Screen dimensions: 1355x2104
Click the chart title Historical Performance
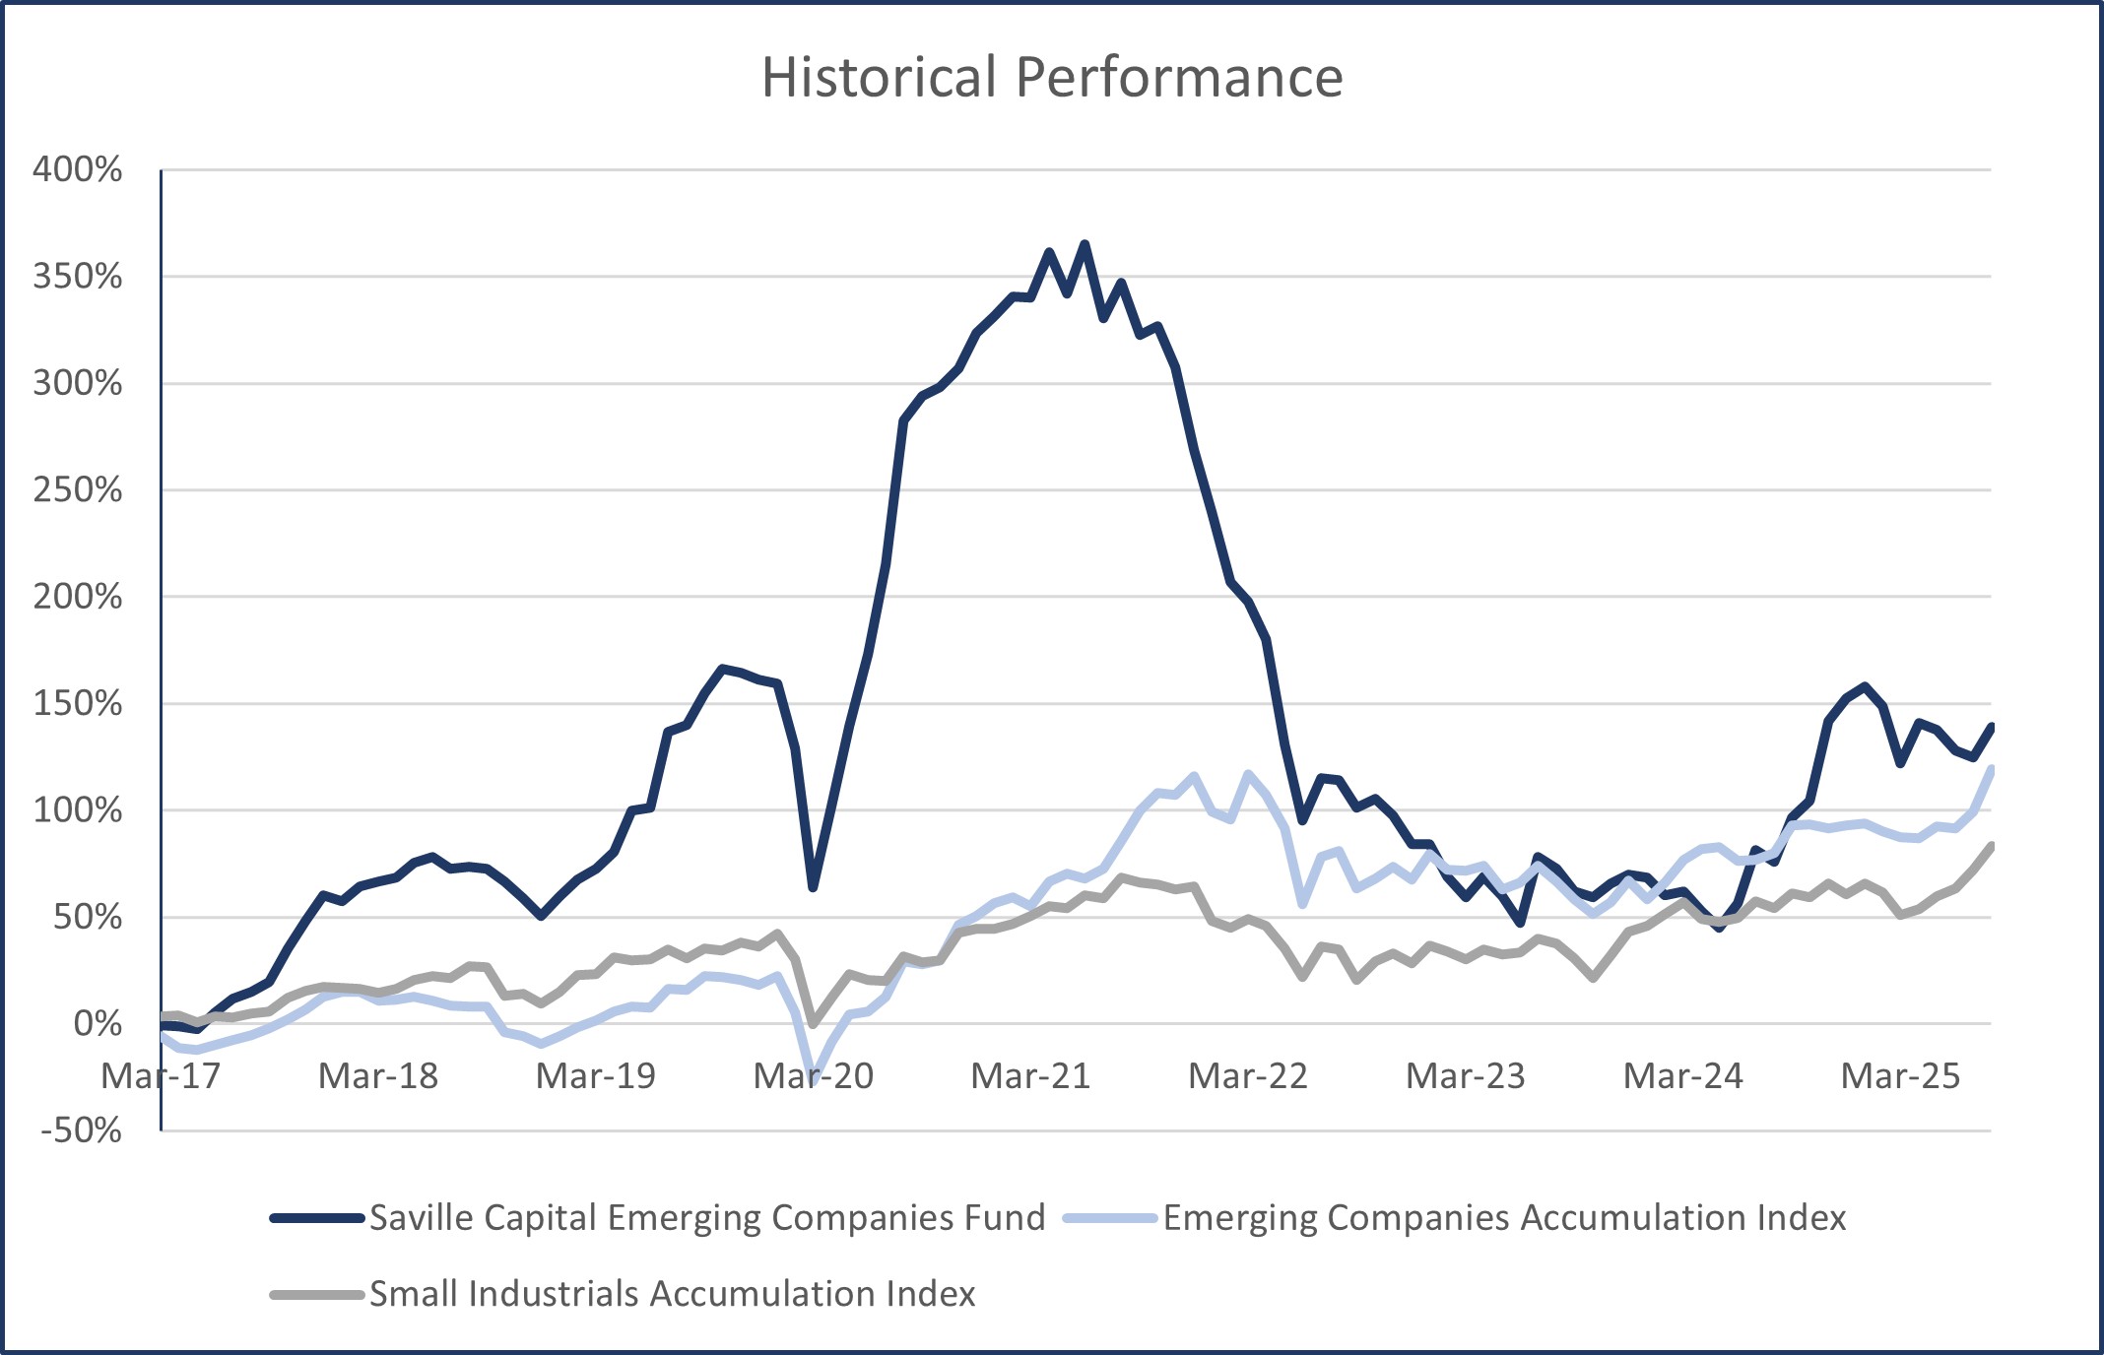(1052, 77)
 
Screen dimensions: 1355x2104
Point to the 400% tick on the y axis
(78, 169)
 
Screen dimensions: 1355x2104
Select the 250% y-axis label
(78, 489)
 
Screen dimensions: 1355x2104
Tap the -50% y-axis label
(81, 1129)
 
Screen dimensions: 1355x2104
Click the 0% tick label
(98, 1023)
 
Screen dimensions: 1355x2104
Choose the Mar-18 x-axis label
(378, 1075)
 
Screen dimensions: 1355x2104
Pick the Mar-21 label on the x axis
(1030, 1075)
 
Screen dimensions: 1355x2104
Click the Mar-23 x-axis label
(1466, 1075)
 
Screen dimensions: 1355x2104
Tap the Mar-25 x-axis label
(1900, 1075)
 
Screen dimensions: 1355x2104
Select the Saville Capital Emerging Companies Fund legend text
(707, 1218)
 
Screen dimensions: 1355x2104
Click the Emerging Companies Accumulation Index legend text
(1504, 1218)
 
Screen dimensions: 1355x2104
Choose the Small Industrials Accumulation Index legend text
(672, 1294)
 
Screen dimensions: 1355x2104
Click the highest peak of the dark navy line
(1085, 243)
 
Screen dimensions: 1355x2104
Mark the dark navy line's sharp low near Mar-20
(814, 887)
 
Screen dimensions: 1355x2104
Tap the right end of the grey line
(1992, 846)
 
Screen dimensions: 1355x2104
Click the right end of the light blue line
(1992, 768)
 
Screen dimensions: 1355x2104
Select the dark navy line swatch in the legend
(317, 1218)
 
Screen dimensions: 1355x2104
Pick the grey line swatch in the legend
(317, 1294)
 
